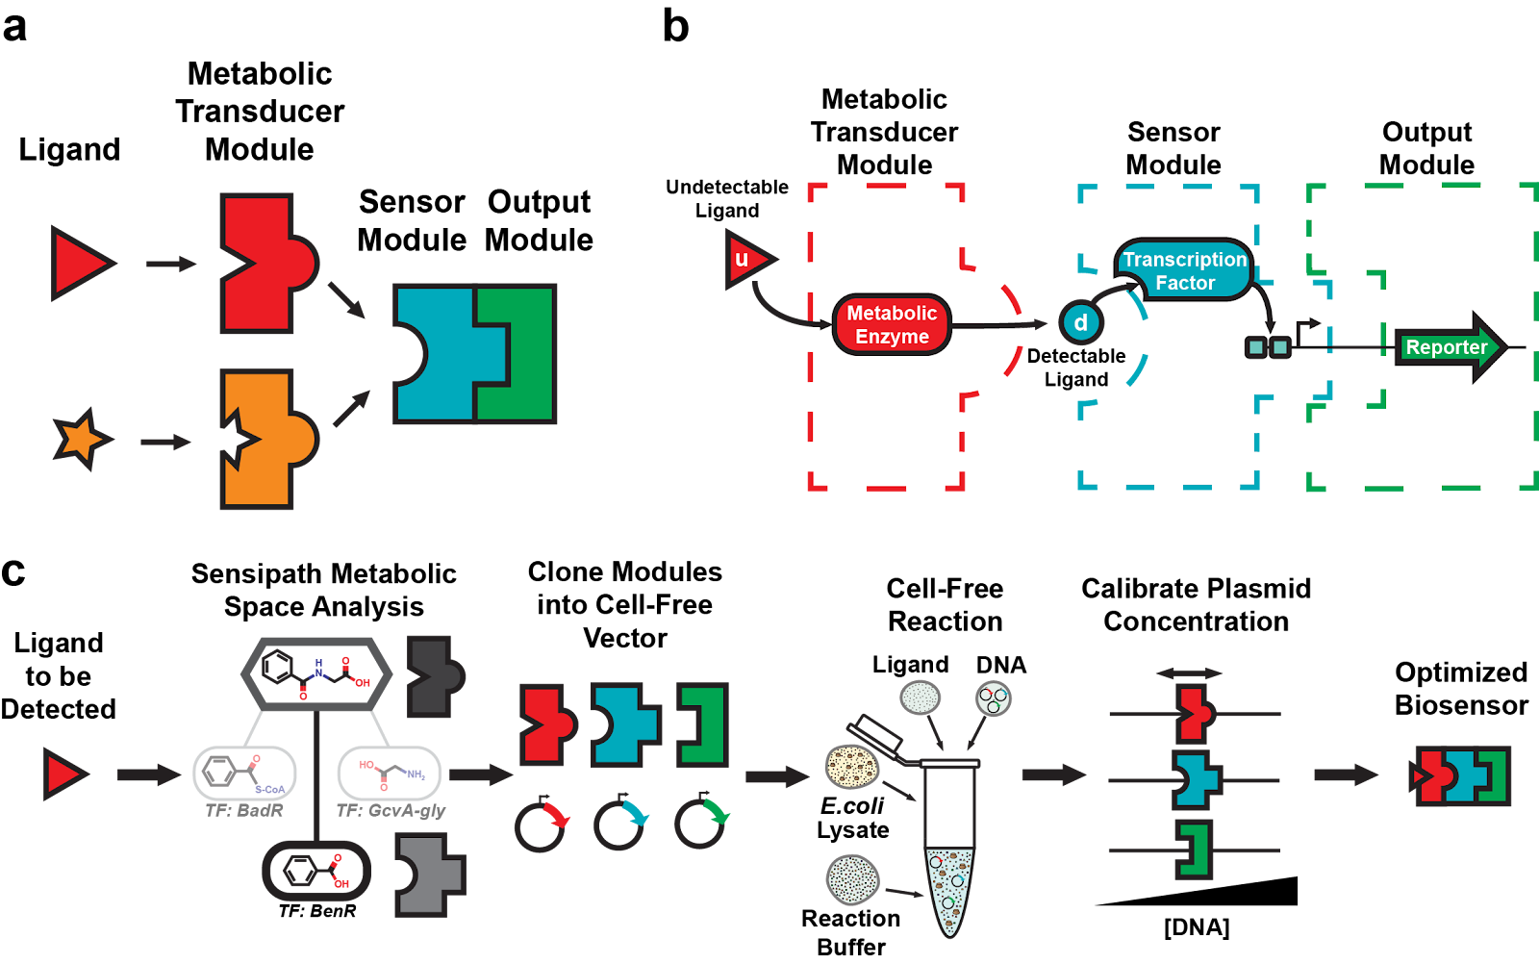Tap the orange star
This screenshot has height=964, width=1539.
point(81,439)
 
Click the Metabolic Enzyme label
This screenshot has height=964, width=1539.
point(892,324)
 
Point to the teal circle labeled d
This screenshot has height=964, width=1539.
point(1080,322)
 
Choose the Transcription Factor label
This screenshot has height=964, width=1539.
point(1184,270)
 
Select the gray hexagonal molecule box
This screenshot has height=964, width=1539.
point(316,673)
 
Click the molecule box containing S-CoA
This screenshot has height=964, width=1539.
point(244,773)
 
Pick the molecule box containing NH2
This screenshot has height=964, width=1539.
point(390,773)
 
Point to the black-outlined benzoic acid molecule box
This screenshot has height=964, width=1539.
point(316,871)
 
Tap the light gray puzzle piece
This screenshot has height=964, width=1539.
point(430,874)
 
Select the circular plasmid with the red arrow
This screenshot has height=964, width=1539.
point(541,825)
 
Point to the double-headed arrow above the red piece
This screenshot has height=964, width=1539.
point(1189,673)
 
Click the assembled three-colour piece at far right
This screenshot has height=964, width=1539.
point(1462,775)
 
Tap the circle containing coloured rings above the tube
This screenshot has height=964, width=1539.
point(993,698)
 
